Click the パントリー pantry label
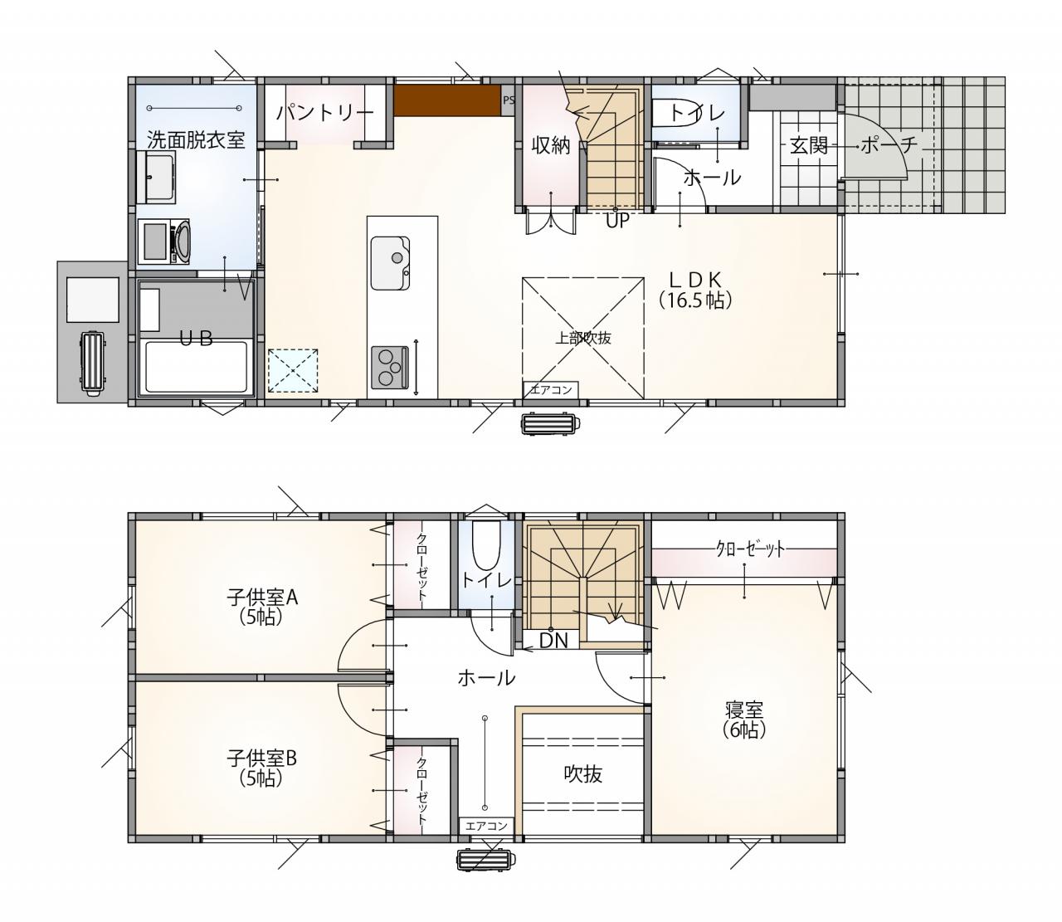pyautogui.click(x=325, y=113)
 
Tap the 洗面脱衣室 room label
pyautogui.click(x=196, y=139)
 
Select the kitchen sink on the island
pyautogui.click(x=390, y=263)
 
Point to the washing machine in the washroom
pyautogui.click(x=163, y=241)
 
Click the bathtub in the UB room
pyautogui.click(x=196, y=367)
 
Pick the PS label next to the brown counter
pyautogui.click(x=508, y=100)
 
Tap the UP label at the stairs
pyautogui.click(x=617, y=221)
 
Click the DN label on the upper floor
pyautogui.click(x=554, y=641)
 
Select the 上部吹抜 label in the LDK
pyautogui.click(x=583, y=338)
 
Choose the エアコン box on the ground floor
pyautogui.click(x=551, y=390)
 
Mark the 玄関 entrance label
pyautogui.click(x=809, y=146)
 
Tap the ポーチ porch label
pyautogui.click(x=889, y=145)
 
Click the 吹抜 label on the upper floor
pyautogui.click(x=583, y=774)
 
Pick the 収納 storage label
pyautogui.click(x=551, y=146)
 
